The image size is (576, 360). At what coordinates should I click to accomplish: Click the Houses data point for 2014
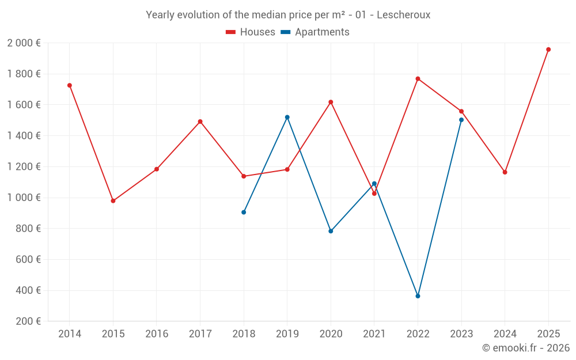pos(70,85)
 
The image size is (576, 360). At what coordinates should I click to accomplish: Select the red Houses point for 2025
pos(548,50)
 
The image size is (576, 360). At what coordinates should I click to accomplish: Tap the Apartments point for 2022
pos(418,296)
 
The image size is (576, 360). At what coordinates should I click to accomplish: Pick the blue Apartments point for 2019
pos(287,117)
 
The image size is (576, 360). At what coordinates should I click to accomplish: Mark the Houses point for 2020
pos(331,102)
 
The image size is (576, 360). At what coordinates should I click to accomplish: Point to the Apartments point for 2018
pos(244,212)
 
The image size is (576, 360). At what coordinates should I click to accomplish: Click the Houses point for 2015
pos(113,201)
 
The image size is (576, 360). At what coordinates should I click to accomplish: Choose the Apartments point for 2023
pos(461,120)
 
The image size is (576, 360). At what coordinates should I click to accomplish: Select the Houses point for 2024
pos(505,172)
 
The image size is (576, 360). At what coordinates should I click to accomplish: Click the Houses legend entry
pos(251,32)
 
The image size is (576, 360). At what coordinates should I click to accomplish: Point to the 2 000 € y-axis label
pos(24,43)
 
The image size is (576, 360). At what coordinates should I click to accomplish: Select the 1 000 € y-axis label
pos(24,198)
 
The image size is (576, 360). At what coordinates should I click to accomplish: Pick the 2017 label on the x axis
pos(200,334)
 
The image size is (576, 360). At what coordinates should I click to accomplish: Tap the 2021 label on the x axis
pos(374,334)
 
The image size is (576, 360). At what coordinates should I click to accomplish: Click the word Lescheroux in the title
pos(403,14)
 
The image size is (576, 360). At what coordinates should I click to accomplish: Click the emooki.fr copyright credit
pos(526,348)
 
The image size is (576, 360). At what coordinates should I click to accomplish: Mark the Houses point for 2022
pos(418,78)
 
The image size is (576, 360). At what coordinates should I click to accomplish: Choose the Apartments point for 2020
pos(331,231)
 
